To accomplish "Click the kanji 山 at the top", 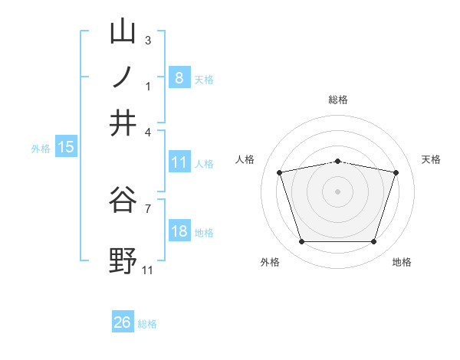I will pos(123,31).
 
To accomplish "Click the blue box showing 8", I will pos(179,77).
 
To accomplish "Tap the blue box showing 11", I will pos(179,162).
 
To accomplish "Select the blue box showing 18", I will pos(179,232).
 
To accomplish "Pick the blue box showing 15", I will pos(66,148).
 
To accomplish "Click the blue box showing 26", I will pos(123,322).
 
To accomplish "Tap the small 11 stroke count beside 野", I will pos(148,270).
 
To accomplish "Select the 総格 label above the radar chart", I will pos(338,100).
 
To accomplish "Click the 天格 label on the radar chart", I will pos(431,159).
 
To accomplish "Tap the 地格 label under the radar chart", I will pos(402,262).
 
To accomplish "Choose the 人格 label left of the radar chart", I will pos(245,159).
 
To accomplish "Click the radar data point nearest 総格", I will pos(338,161).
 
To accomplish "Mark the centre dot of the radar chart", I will pos(338,191).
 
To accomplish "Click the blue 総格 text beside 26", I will pos(147,324).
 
